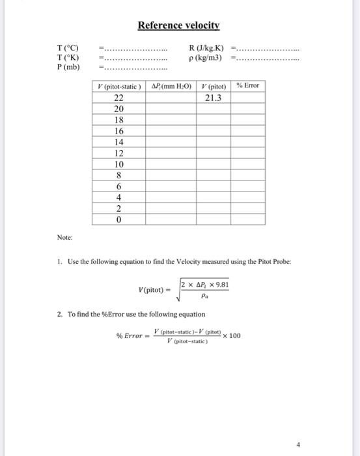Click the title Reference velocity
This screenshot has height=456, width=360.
[x=179, y=26]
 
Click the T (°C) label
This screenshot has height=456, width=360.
[x=68, y=48]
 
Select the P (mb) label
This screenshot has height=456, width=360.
[x=68, y=66]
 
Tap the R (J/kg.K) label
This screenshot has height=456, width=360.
[x=206, y=48]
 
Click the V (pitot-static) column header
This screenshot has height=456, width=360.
[x=118, y=86]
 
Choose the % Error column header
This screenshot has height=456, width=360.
[x=248, y=86]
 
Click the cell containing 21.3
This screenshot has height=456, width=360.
[x=212, y=98]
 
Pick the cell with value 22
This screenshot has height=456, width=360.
[x=118, y=98]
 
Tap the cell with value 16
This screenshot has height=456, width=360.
[x=118, y=131]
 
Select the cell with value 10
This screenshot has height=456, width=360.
[x=118, y=164]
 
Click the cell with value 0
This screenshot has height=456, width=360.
[x=118, y=220]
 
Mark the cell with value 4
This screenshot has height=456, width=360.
[x=118, y=197]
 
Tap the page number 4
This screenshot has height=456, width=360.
[x=298, y=445]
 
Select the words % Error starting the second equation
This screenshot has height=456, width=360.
[x=129, y=336]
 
